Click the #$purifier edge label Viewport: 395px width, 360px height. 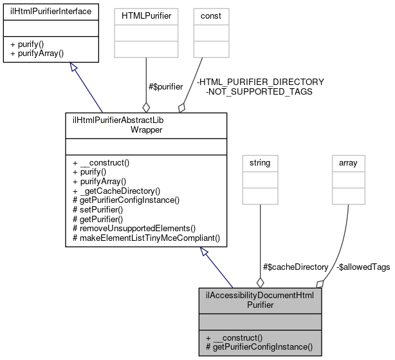(165, 86)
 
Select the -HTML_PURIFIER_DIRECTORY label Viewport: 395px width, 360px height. (260, 82)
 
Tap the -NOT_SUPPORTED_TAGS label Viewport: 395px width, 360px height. (259, 91)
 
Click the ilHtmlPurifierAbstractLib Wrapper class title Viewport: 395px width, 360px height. (146, 124)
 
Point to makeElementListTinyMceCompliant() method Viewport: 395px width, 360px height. (146, 238)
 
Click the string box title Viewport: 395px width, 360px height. (260, 163)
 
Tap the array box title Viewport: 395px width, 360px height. (348, 163)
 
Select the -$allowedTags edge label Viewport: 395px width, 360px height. (363, 267)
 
